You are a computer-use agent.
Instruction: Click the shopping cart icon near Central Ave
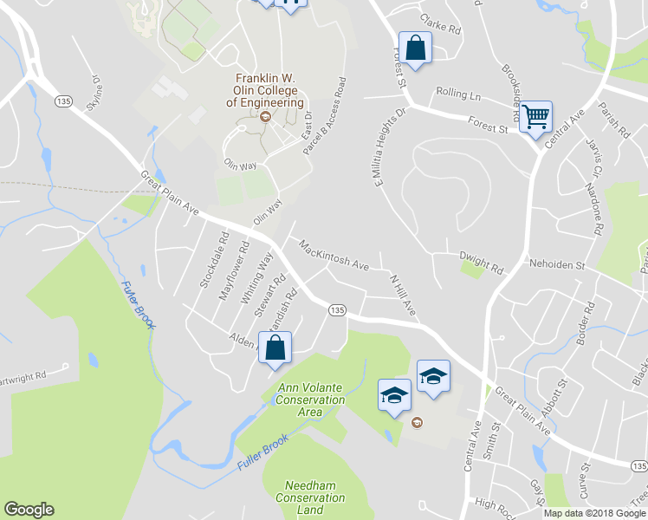tap(536, 115)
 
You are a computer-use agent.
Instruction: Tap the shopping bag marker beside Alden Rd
tap(275, 348)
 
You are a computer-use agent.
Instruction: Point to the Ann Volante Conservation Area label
tap(311, 400)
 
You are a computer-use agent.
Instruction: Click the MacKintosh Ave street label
tap(334, 255)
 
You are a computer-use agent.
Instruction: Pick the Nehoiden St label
tap(557, 264)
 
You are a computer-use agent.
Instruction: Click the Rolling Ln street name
tap(458, 94)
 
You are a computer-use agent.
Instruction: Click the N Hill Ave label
tap(404, 295)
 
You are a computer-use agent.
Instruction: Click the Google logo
tap(29, 510)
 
